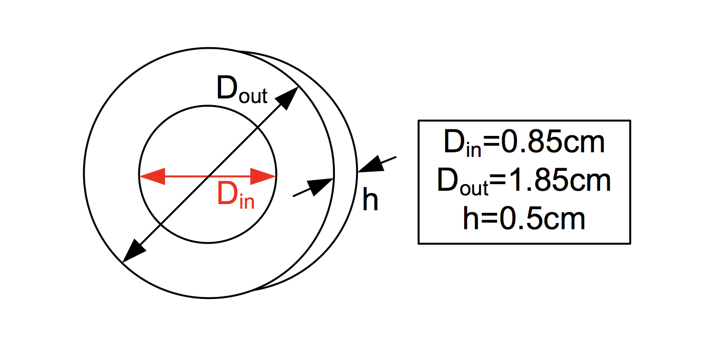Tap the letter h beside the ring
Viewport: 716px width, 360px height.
pos(370,199)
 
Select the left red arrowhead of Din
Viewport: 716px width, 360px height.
pos(152,176)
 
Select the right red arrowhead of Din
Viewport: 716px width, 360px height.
pos(264,176)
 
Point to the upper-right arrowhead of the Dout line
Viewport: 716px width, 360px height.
pos(289,97)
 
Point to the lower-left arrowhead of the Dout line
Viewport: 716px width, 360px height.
pos(134,251)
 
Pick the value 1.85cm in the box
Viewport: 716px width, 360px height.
pos(559,181)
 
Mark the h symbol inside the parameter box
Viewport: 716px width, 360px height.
pos(470,217)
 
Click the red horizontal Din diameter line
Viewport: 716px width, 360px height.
pos(208,176)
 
